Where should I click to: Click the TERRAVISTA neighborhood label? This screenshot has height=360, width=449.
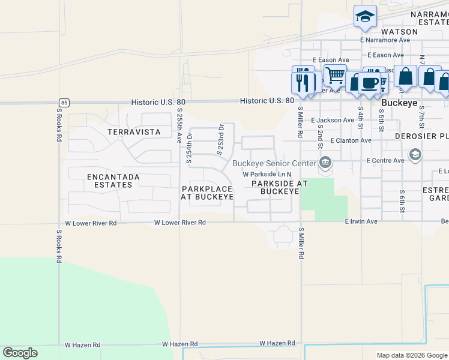click(133, 131)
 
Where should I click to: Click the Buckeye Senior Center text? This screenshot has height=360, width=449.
click(274, 163)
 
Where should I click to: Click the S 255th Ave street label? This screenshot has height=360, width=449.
click(179, 125)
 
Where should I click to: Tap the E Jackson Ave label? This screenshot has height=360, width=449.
click(333, 121)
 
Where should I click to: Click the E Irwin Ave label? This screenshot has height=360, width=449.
click(361, 222)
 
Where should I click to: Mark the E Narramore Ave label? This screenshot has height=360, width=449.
click(385, 40)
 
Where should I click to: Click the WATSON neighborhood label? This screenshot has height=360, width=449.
click(400, 31)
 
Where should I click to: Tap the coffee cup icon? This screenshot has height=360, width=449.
click(370, 83)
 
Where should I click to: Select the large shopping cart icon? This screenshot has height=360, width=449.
click(335, 76)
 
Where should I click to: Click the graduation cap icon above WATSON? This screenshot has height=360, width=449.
click(364, 16)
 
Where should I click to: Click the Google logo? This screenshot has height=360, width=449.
click(20, 353)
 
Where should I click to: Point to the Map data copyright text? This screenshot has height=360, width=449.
click(412, 355)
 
